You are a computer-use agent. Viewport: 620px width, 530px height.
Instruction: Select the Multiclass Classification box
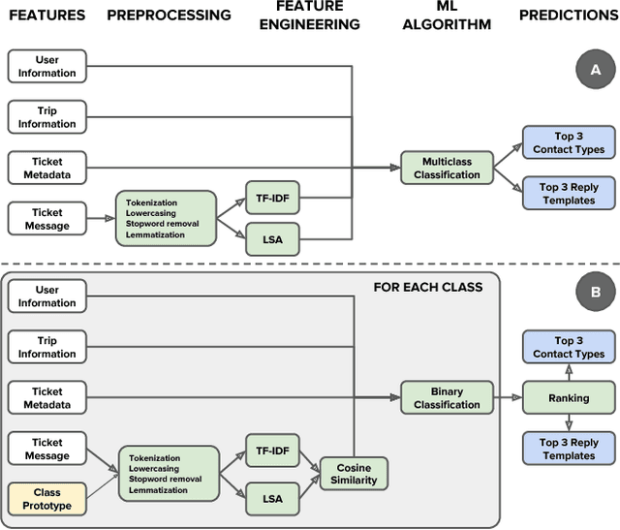coord(448,168)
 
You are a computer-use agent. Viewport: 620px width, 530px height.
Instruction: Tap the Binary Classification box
coord(448,397)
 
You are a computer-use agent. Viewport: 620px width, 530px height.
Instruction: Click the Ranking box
coord(569,397)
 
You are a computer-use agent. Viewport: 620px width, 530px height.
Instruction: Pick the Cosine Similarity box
coord(354,474)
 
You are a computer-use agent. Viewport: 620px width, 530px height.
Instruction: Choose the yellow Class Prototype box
coord(47,500)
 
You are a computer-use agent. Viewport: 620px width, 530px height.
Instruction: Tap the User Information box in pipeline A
coord(47,66)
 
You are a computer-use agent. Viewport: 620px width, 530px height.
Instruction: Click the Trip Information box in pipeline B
coord(47,347)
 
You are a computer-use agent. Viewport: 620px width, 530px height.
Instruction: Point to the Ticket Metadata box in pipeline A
coord(47,168)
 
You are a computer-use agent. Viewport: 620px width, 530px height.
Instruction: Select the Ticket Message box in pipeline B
coord(47,449)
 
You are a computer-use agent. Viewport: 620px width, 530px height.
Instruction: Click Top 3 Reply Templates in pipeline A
coord(569,193)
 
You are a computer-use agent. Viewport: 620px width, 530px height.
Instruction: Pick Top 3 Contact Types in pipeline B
coord(569,347)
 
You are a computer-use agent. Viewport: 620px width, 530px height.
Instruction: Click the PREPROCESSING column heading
coord(169,16)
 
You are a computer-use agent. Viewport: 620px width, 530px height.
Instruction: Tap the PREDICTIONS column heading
coord(568,16)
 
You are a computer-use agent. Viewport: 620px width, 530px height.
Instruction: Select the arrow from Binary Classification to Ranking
coord(507,397)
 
